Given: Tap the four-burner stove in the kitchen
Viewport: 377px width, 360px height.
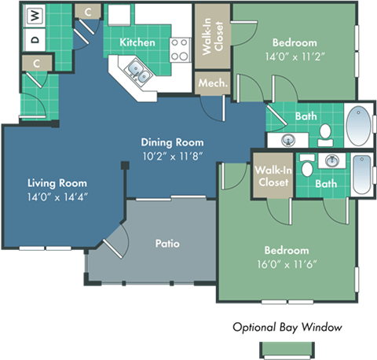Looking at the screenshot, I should click(x=180, y=50).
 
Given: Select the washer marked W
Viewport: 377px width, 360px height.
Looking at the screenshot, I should click(x=35, y=14).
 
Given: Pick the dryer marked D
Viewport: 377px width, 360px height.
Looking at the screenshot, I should click(x=35, y=37).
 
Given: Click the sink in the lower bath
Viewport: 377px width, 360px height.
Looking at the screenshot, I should click(x=332, y=160).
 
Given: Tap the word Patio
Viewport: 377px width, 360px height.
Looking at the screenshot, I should click(x=167, y=244).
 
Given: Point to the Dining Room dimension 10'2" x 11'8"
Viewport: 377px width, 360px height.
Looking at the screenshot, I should click(x=173, y=157).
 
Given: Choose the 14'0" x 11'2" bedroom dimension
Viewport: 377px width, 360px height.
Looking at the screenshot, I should click(x=295, y=57).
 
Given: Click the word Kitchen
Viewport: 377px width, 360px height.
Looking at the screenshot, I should click(x=137, y=42).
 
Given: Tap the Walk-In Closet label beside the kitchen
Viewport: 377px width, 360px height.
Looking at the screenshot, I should click(x=212, y=35).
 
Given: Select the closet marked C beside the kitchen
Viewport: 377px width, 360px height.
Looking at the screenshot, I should click(x=88, y=11).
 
